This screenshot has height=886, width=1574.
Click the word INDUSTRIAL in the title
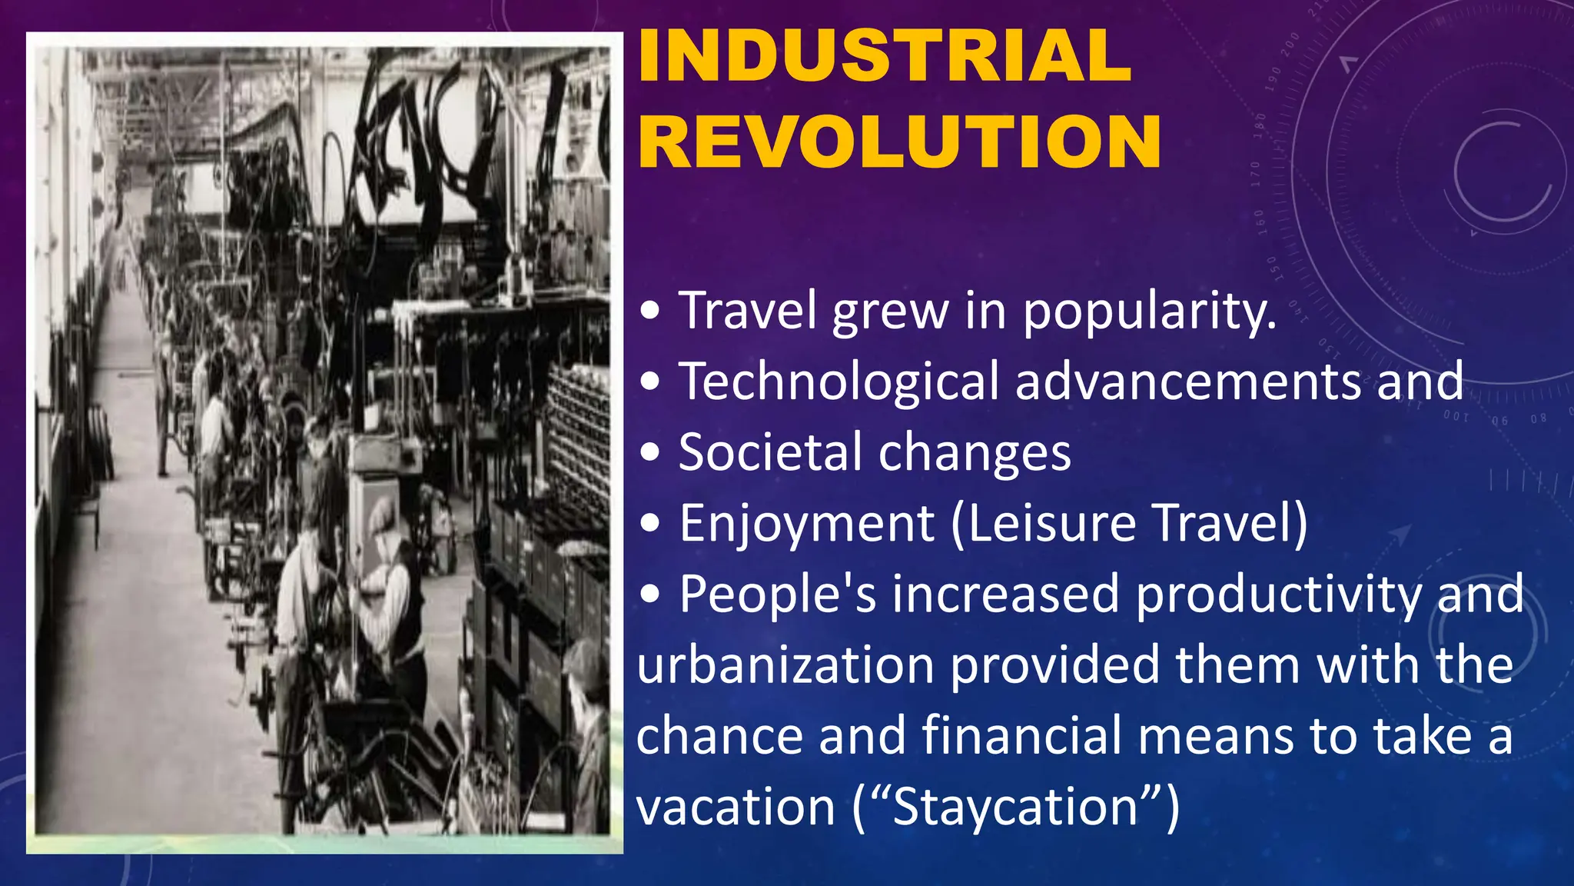(885, 55)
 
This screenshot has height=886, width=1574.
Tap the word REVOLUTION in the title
(899, 142)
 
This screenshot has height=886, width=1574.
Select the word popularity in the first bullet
(1150, 311)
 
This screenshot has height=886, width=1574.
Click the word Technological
(838, 382)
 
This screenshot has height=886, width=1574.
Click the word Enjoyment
(806, 525)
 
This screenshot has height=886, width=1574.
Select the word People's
(777, 595)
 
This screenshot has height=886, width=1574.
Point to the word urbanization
(785, 665)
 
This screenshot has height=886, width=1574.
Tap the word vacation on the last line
(736, 808)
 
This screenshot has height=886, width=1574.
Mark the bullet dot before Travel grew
(650, 311)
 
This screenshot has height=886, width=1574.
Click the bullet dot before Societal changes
(650, 453)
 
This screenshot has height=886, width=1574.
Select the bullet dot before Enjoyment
(650, 525)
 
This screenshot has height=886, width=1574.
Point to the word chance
(719, 736)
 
